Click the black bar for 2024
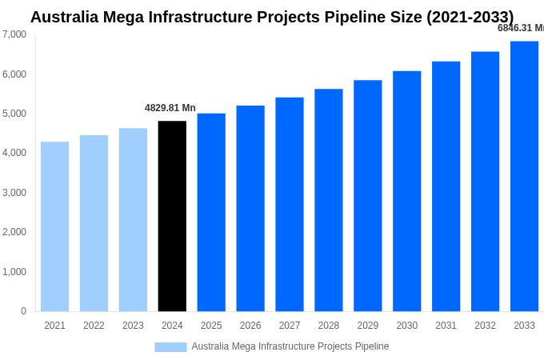[172, 216]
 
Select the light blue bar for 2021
[54, 226]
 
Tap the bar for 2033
[524, 176]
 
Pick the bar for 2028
[328, 200]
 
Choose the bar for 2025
[211, 212]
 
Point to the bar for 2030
[406, 191]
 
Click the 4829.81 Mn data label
[170, 108]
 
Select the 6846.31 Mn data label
[520, 28]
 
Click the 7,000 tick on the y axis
[14, 34]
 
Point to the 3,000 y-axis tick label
[14, 193]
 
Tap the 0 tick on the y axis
[23, 311]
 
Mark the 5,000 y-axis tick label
[14, 114]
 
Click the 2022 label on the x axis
[94, 326]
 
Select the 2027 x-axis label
[290, 326]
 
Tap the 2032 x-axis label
[485, 326]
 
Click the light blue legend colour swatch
[170, 347]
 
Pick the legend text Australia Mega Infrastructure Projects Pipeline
[290, 346]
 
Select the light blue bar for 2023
[133, 220]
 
